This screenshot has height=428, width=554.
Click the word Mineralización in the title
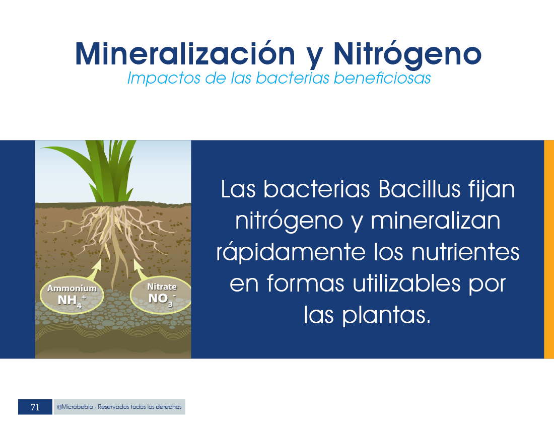point(185,54)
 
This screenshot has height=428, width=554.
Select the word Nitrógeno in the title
point(407,55)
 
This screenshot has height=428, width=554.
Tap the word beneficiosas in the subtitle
point(382,78)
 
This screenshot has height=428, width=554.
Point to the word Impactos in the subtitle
point(163,79)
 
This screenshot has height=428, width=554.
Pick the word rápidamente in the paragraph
point(291,253)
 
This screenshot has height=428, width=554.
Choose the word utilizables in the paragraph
point(406,283)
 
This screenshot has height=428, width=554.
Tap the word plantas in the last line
point(386,315)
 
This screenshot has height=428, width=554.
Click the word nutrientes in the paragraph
point(465,252)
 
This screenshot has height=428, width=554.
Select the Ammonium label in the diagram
point(72,288)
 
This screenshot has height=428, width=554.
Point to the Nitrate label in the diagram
point(162,287)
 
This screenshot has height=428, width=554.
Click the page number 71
point(35,407)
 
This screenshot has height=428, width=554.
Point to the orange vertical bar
point(549,249)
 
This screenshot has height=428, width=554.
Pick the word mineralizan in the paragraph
point(435,221)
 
